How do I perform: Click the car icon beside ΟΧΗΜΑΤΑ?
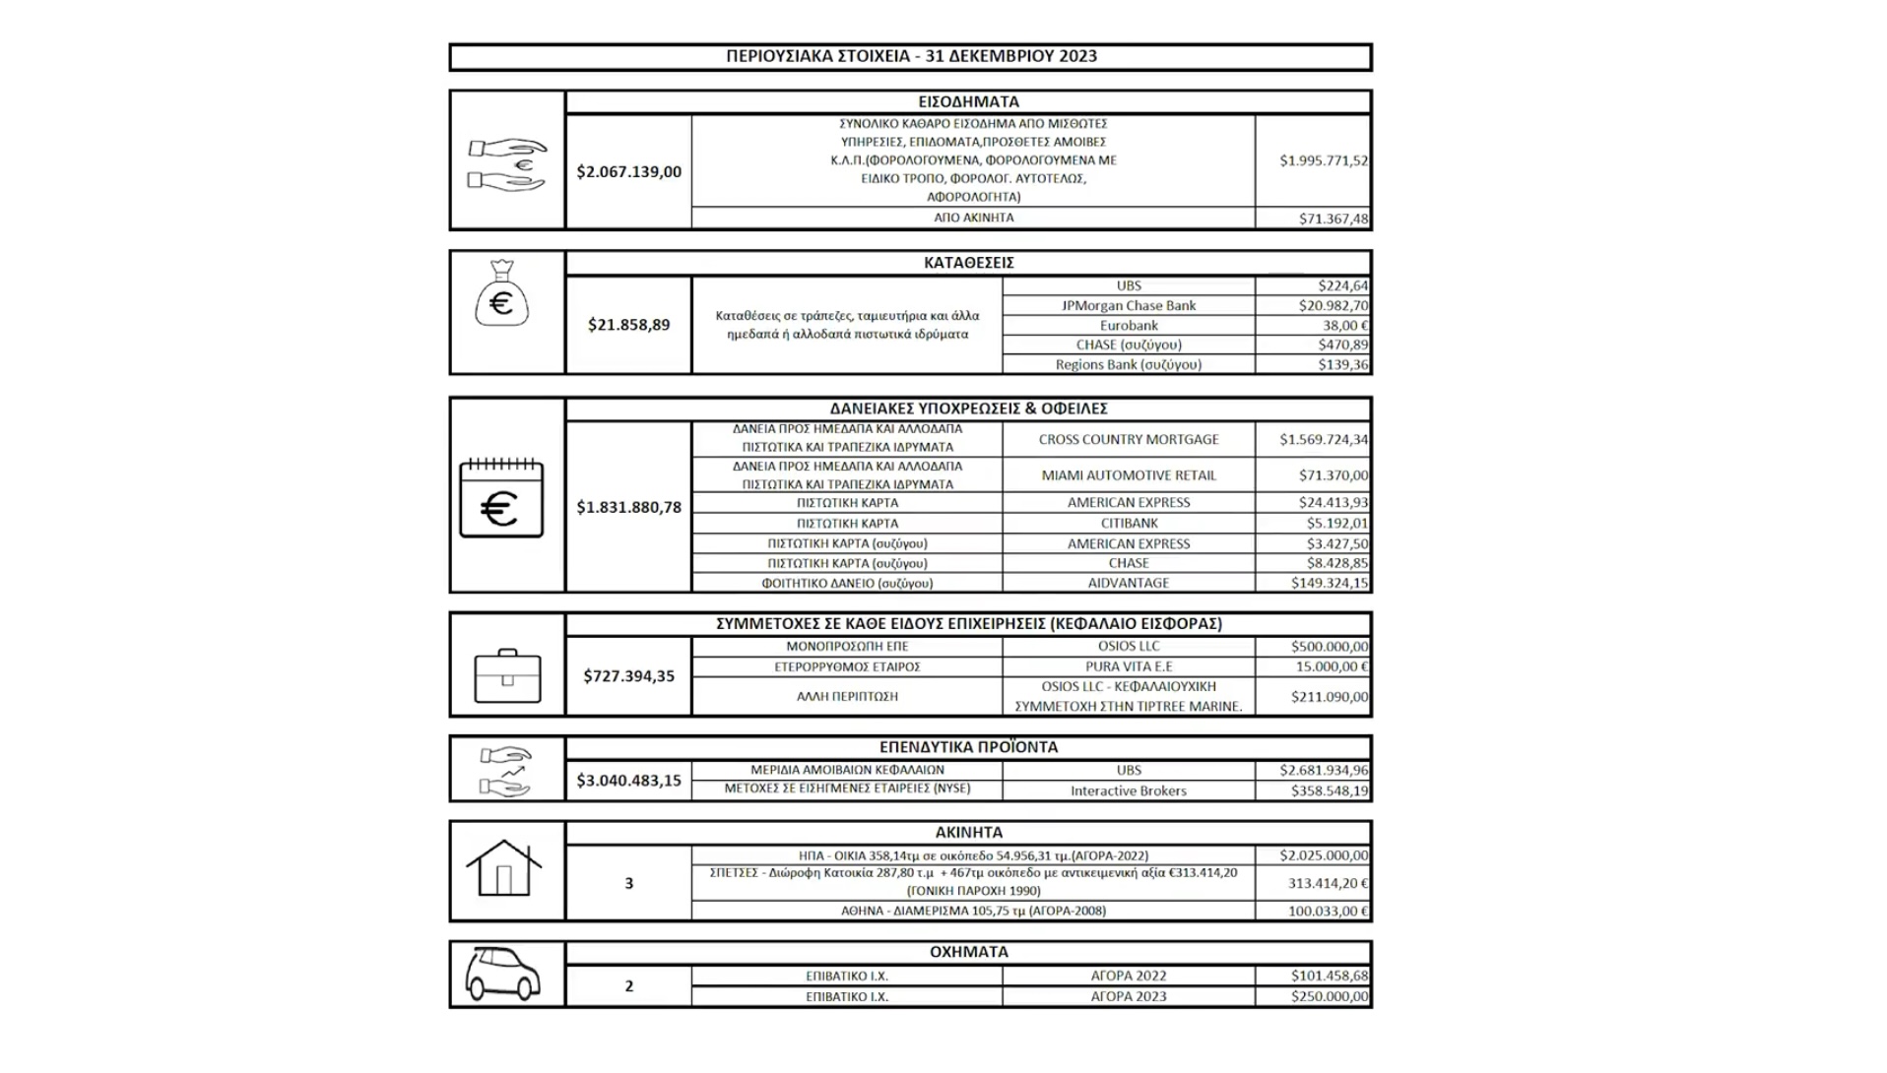(x=502, y=975)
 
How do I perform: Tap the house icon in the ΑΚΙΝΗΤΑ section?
(x=503, y=868)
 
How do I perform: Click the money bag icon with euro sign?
(x=501, y=294)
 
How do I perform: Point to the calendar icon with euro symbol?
(x=501, y=498)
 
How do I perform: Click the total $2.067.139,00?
(x=628, y=171)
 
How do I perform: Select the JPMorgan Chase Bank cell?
(x=1128, y=305)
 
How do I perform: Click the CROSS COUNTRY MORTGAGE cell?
(x=1128, y=439)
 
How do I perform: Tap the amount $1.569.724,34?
(x=1323, y=439)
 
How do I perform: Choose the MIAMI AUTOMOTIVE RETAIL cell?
(x=1128, y=474)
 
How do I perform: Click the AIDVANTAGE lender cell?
(x=1128, y=583)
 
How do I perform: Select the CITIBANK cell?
(x=1129, y=523)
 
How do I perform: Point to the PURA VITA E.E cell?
(x=1128, y=666)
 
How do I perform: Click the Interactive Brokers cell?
(x=1128, y=790)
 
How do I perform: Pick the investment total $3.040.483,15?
(x=628, y=781)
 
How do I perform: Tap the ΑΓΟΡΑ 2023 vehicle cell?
(x=1128, y=996)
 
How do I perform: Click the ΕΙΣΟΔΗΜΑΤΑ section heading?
(x=968, y=101)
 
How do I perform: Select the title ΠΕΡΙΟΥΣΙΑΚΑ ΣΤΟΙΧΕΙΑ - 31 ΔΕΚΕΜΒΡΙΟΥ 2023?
(x=911, y=56)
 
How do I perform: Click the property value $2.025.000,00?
(x=1323, y=855)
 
